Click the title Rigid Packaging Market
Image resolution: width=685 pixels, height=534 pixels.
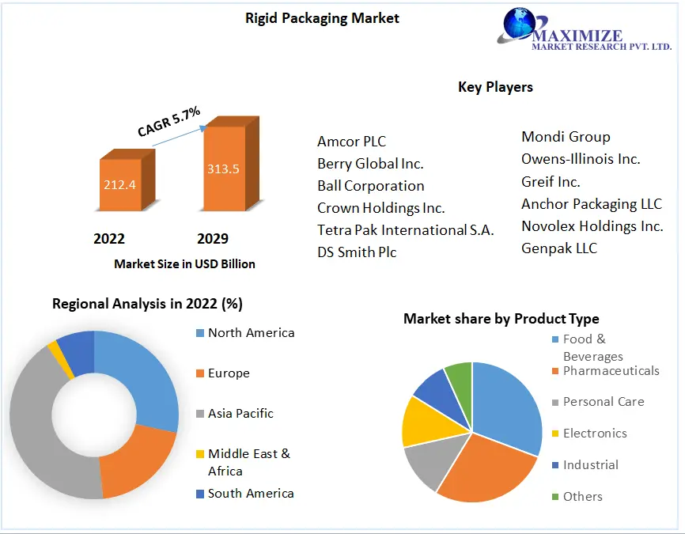point(322,17)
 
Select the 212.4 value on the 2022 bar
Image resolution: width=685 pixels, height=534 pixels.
point(120,185)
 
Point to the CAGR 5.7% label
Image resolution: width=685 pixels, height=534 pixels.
point(168,121)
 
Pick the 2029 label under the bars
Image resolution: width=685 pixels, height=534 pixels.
point(212,238)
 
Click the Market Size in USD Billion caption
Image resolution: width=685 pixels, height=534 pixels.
point(184,263)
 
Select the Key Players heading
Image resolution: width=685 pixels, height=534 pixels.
point(495,87)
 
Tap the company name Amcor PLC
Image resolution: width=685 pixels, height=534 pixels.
point(351,142)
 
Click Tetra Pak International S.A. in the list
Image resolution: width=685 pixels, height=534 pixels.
point(405,230)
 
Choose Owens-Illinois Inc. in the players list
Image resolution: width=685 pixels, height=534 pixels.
point(581,159)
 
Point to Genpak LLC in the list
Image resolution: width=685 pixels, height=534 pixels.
point(559,248)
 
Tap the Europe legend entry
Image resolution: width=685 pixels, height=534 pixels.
point(229,373)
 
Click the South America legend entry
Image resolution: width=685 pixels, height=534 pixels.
point(250,494)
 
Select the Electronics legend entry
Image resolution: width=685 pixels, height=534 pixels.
point(594,434)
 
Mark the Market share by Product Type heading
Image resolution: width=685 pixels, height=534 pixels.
point(501,319)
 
